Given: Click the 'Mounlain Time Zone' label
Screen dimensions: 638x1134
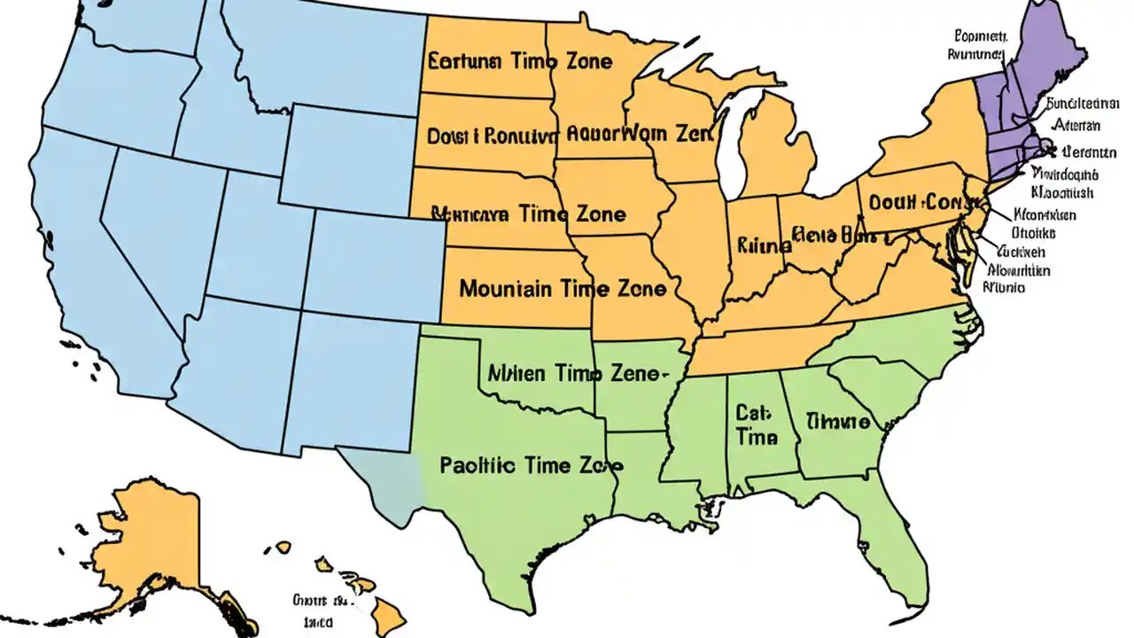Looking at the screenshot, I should (x=563, y=289).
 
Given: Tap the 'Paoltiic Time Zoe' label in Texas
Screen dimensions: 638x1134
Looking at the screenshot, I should (x=531, y=465).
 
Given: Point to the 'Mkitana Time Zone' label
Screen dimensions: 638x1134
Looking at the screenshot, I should (x=528, y=214).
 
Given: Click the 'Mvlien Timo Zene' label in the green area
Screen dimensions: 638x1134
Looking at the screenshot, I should (x=574, y=373).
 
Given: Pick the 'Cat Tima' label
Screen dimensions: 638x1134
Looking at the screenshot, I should (x=756, y=424).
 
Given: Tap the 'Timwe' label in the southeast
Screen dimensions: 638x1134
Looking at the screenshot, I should (x=837, y=422).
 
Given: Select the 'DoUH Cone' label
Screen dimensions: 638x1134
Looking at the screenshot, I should (x=915, y=202).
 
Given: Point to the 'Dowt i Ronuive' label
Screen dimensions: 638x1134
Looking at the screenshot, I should (x=493, y=136).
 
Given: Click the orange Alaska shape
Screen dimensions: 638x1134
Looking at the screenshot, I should (x=159, y=541).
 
